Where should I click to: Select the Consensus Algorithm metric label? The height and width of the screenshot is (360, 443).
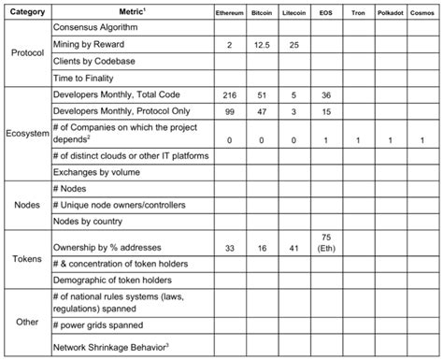[x=99, y=29]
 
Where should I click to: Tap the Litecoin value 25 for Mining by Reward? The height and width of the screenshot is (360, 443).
[x=307, y=45]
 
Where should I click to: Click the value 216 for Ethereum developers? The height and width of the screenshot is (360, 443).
[x=229, y=95]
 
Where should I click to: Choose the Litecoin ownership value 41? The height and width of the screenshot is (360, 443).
[x=307, y=249]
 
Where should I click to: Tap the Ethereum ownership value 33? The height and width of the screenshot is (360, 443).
[x=229, y=249]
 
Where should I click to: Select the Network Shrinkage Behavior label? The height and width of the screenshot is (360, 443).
[x=112, y=346]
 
